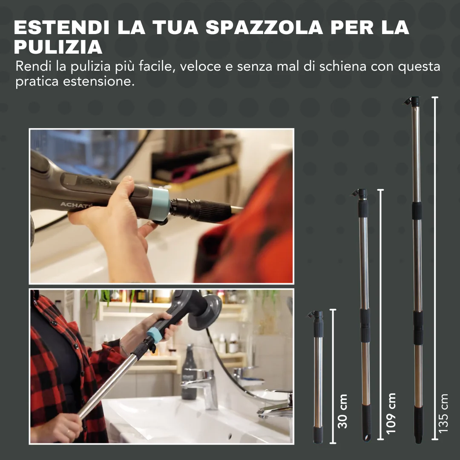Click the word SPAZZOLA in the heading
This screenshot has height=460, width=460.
(x=264, y=27)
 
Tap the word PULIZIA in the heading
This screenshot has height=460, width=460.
(x=58, y=47)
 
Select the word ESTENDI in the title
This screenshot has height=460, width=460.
(x=62, y=27)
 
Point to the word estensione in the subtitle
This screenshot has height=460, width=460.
(x=98, y=81)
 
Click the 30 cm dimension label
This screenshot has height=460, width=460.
(x=342, y=411)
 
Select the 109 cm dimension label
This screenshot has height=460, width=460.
(x=391, y=414)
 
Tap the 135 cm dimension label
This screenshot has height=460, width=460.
(x=443, y=414)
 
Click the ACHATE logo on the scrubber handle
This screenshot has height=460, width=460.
(x=76, y=205)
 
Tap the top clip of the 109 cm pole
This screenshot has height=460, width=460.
(x=359, y=193)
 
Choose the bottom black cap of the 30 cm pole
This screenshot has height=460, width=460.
(x=318, y=435)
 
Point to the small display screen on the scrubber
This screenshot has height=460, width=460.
(x=70, y=179)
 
